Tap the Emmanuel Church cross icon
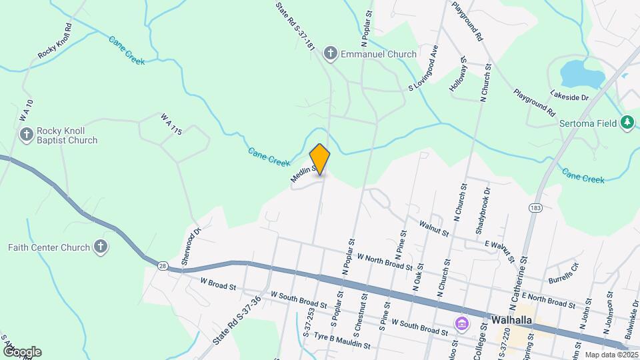tap(329, 54)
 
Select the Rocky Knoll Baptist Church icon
tap(27, 135)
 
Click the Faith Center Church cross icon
tap(100, 247)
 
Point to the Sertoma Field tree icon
tap(626, 122)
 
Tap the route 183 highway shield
tap(534, 207)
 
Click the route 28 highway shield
tap(163, 266)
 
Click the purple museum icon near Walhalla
tap(461, 324)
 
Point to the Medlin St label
tap(301, 174)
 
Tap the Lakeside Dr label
tap(570, 97)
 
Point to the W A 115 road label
tap(171, 124)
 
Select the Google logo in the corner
tap(21, 352)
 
